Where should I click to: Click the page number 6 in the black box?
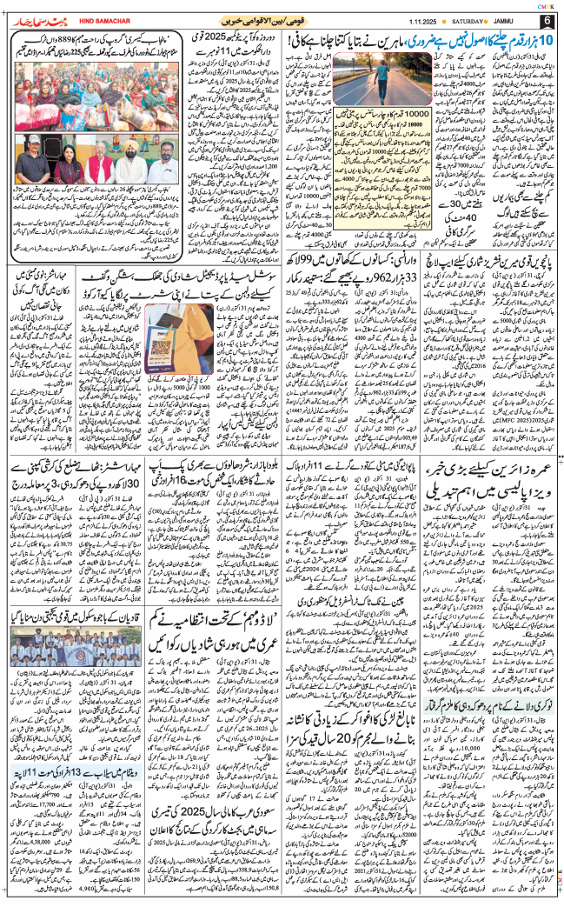547,20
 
